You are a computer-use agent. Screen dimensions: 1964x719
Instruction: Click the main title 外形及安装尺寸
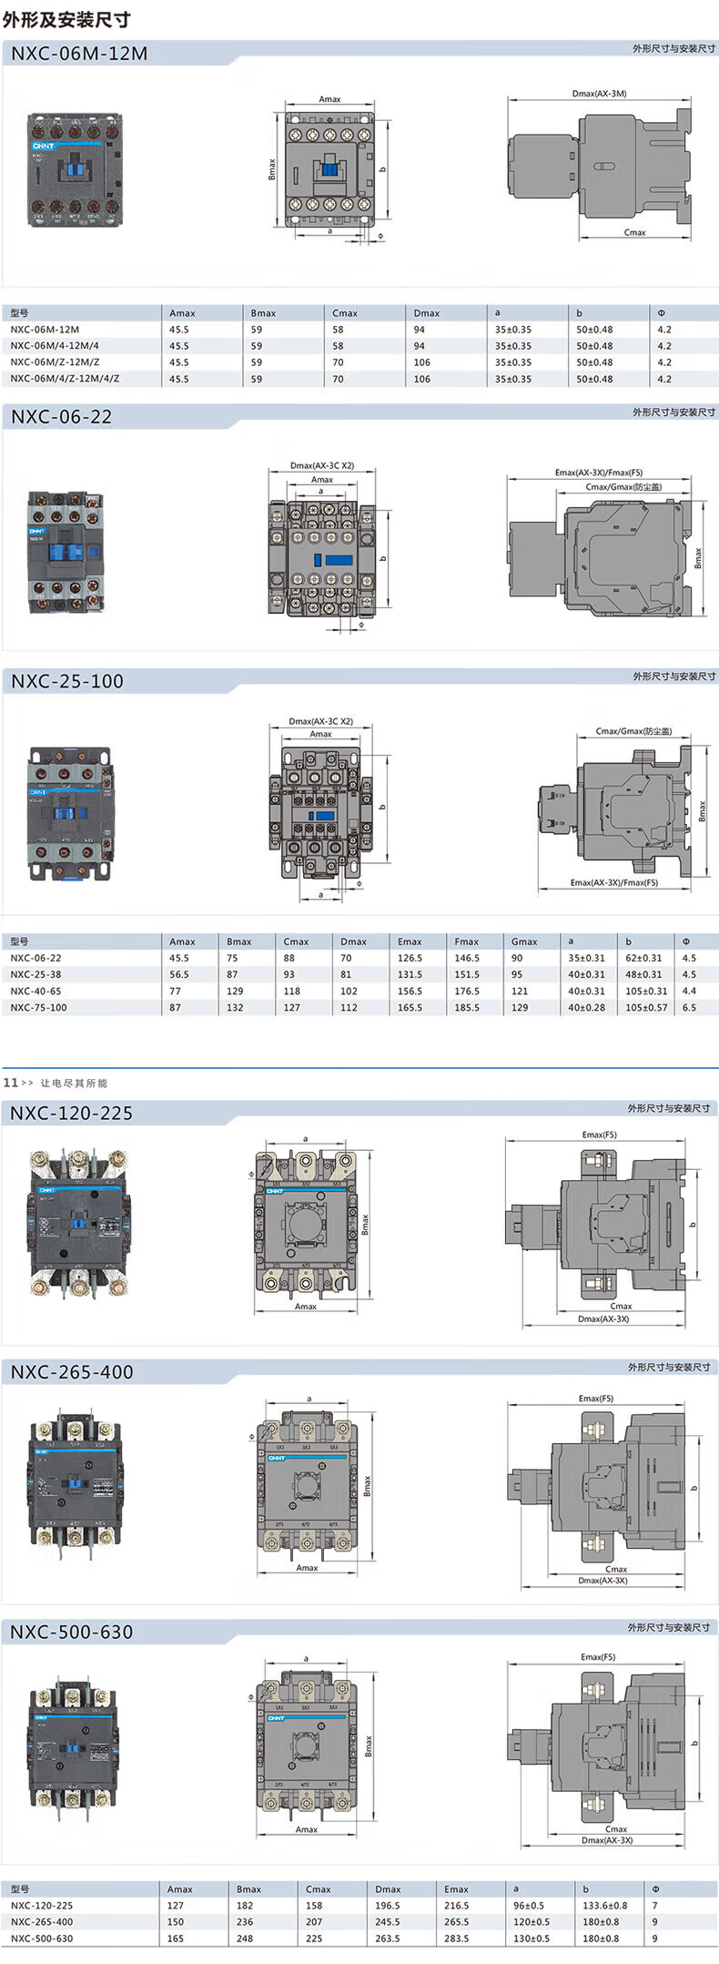pos(66,19)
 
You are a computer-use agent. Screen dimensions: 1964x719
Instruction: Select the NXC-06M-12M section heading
pos(79,54)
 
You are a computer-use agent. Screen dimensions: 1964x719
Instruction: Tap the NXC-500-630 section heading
pos(72,1632)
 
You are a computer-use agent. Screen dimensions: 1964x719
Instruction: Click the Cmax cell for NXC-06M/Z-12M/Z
pos(338,362)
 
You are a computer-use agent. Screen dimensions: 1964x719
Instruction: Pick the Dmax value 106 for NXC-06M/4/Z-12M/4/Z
pos(421,379)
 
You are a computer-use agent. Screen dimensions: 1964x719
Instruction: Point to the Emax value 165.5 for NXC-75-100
pos(410,1008)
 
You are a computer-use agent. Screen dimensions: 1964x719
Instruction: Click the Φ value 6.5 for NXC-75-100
pos(689,1008)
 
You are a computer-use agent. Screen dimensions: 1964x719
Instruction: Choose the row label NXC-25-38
pos(36,974)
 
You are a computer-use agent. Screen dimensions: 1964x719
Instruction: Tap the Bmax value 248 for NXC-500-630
pos(245,1939)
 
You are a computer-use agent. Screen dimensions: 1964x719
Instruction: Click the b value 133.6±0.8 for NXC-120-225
pos(604,1906)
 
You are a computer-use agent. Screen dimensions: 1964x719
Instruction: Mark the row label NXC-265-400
pos(42,1922)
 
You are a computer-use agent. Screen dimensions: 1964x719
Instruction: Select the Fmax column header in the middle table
pos(466,941)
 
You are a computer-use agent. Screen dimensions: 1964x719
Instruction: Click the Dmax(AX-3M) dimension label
pos(599,94)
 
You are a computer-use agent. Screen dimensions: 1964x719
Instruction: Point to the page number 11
pos(11,1083)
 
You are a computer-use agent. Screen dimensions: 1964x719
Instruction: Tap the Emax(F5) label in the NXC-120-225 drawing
pos(599,1135)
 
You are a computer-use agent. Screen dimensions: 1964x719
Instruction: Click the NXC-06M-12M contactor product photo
pos(75,169)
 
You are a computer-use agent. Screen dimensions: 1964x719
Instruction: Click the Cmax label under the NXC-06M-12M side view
pos(634,232)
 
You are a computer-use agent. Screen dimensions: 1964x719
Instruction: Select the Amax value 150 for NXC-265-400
pos(176,1922)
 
